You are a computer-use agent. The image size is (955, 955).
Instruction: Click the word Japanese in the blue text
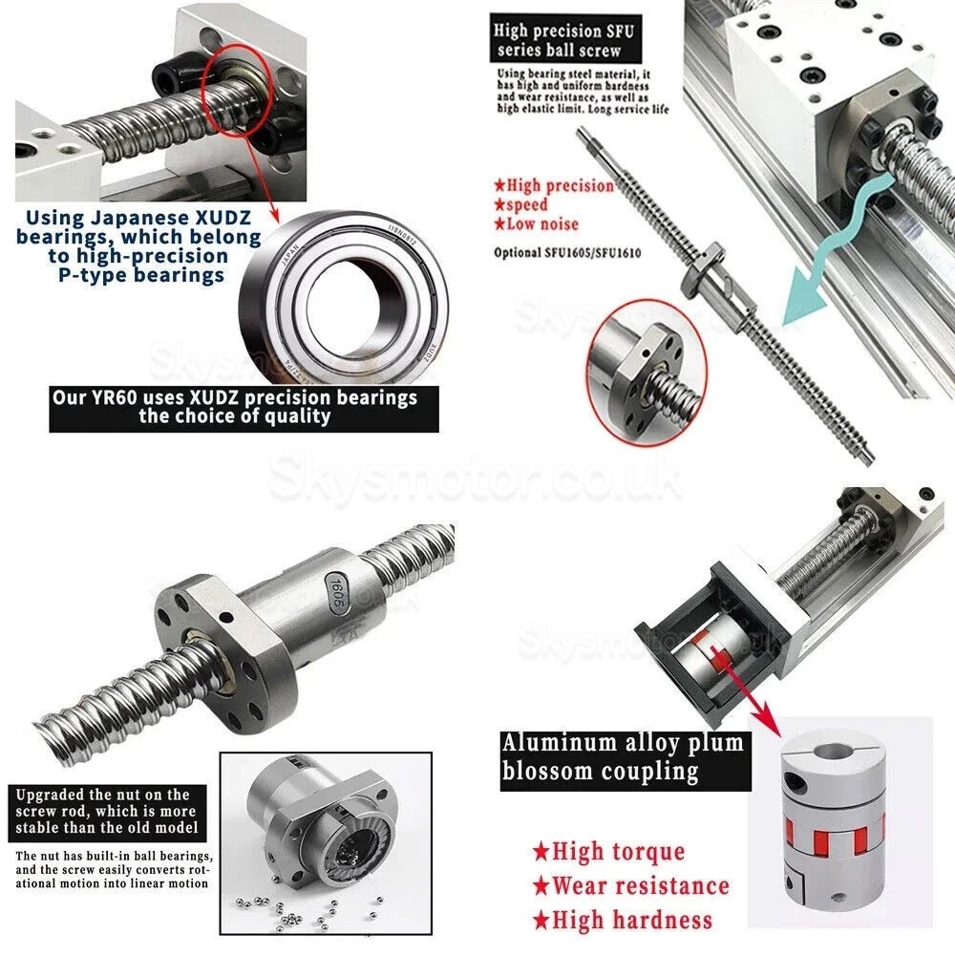pos(115,217)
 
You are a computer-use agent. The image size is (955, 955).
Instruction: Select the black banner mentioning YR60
pos(243,409)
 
